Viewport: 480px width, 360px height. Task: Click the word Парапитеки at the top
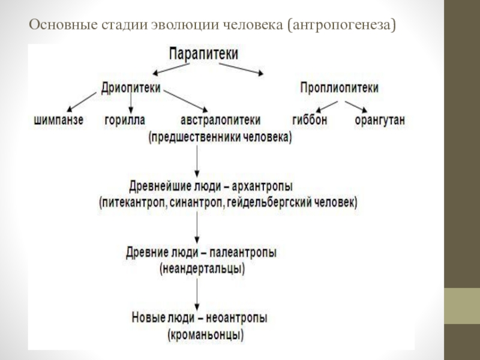[x=203, y=53]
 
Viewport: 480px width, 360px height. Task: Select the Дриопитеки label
[x=130, y=88]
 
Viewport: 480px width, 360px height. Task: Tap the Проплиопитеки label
[x=339, y=88]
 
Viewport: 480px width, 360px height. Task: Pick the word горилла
[x=125, y=120]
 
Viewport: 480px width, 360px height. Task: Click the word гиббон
[x=310, y=120]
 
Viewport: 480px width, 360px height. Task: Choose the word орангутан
[x=380, y=120]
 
